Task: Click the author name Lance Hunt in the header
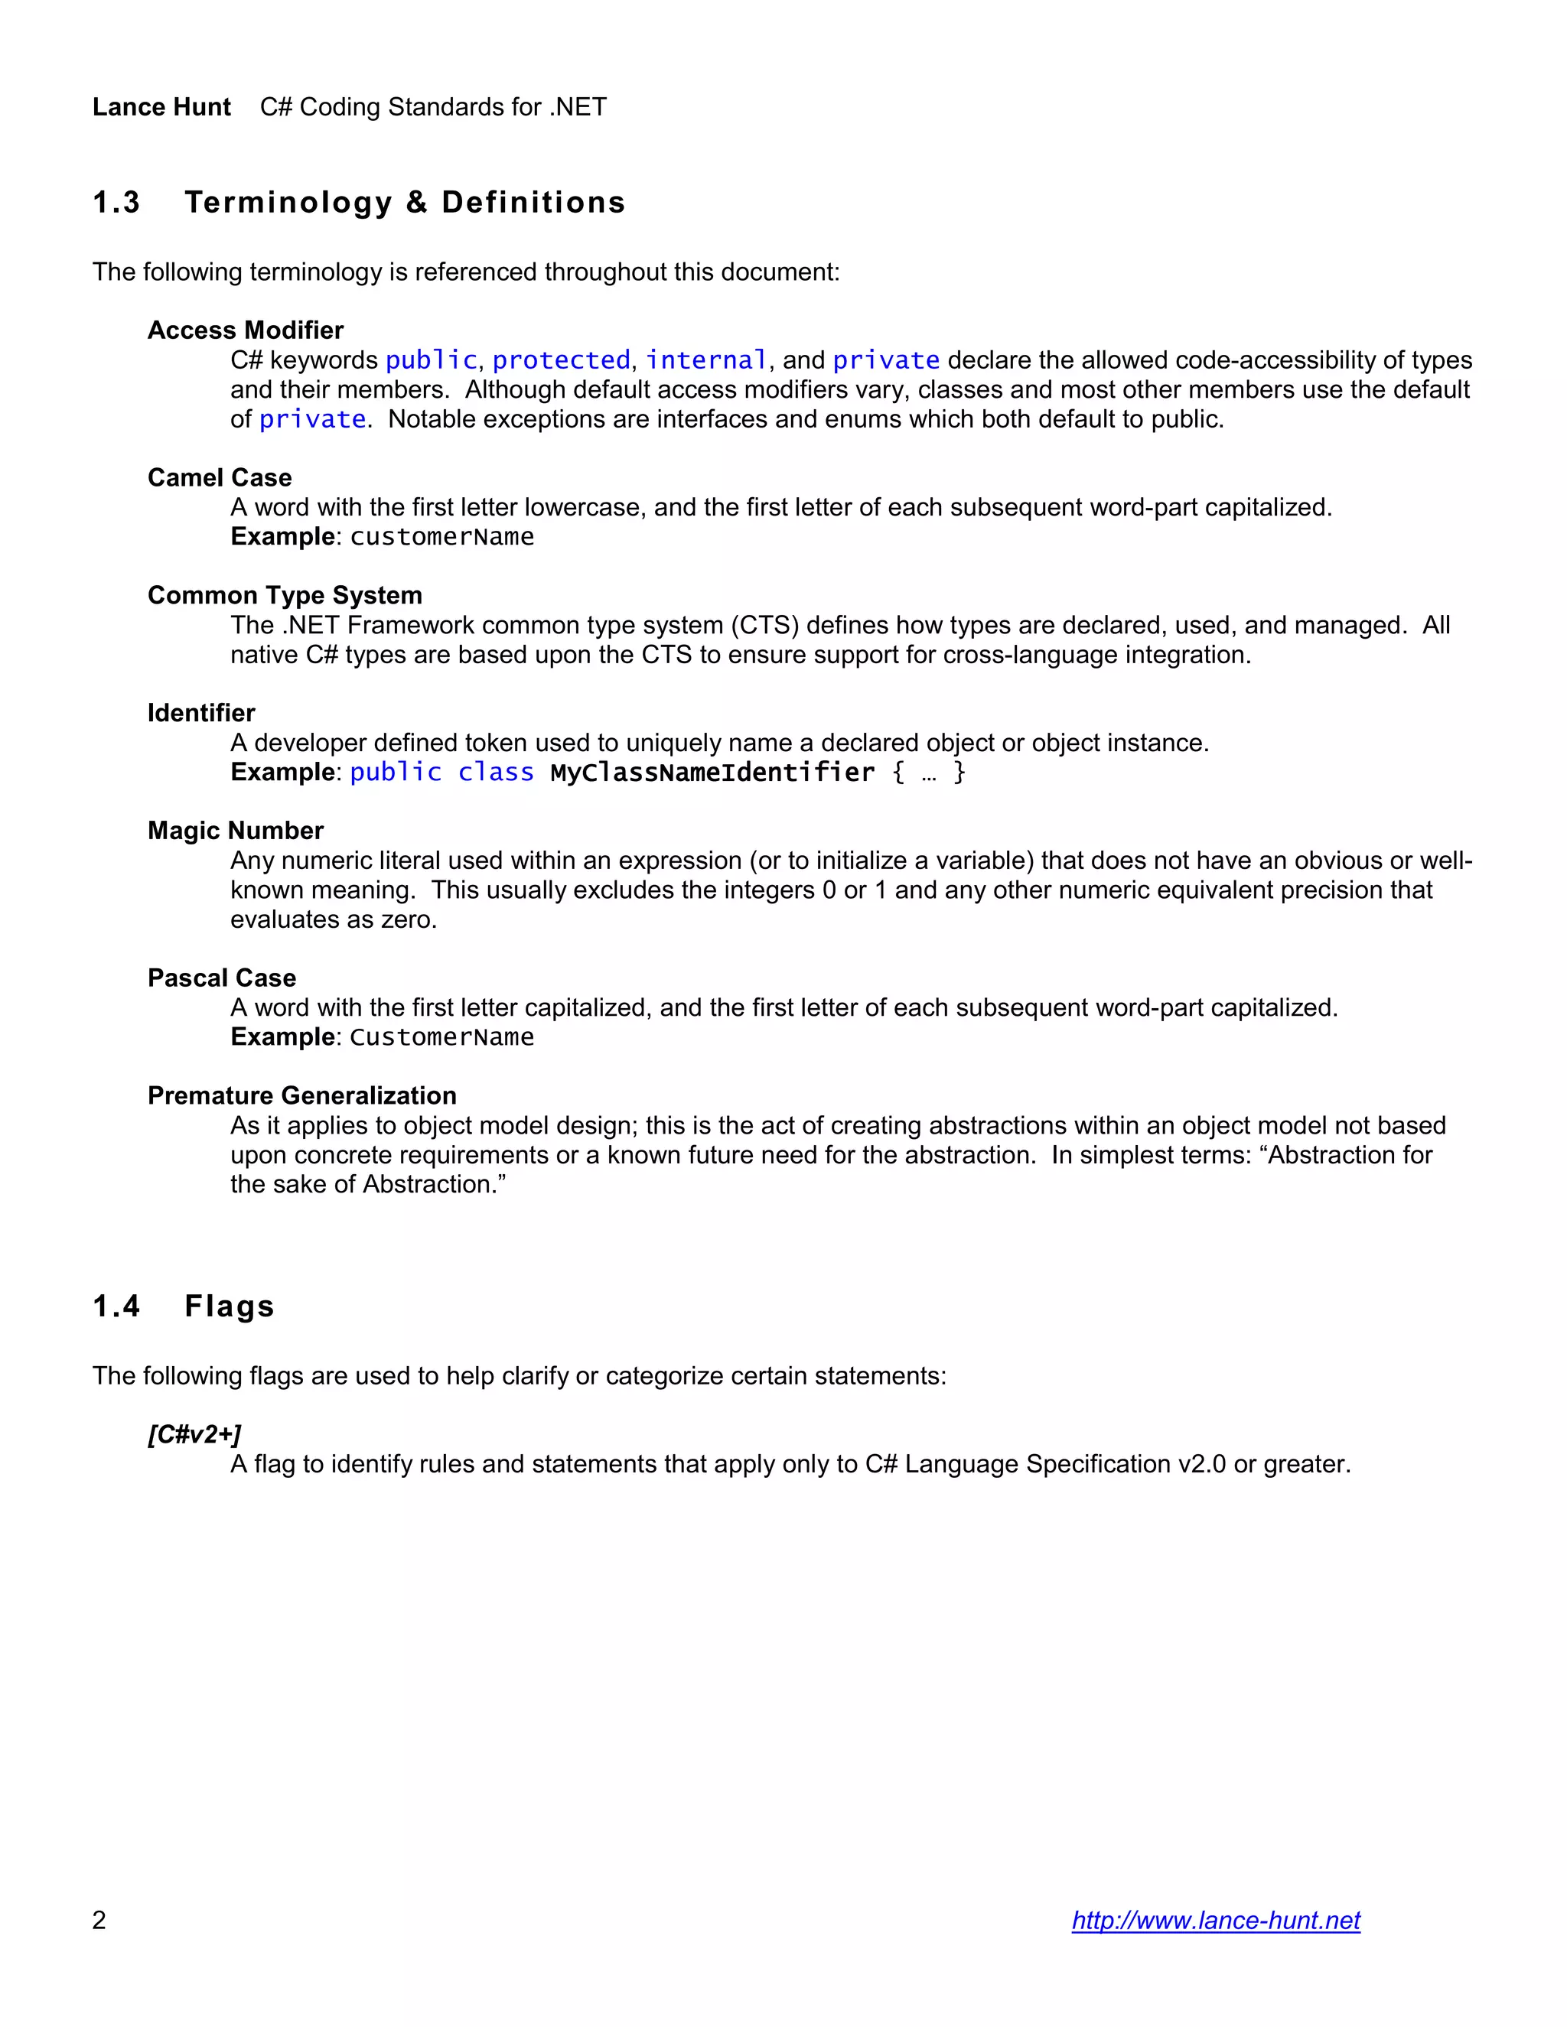coord(161,107)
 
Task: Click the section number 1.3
coord(116,203)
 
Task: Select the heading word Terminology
coord(288,203)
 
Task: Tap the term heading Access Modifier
coord(245,330)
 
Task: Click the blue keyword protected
coord(561,360)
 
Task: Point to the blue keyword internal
coord(706,360)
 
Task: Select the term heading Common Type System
coord(284,595)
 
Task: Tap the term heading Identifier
coord(200,713)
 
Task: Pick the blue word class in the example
coord(496,773)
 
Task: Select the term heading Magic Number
coord(235,831)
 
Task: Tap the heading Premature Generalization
coord(301,1095)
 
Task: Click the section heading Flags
coord(230,1306)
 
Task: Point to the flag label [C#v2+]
coord(194,1434)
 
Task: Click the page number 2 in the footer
coord(99,1919)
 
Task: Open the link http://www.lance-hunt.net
coord(1215,1919)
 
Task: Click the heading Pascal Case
coord(221,978)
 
